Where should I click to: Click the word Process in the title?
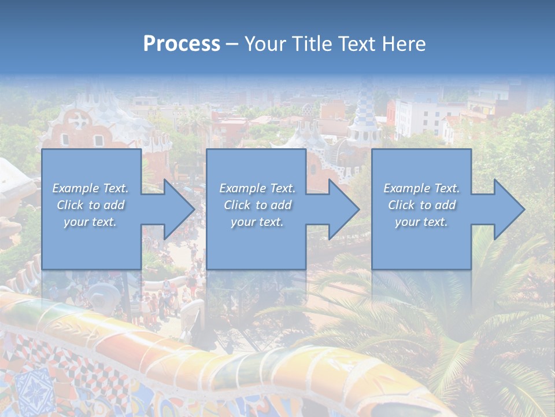[182, 44]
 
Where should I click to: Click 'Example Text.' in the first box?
[91, 188]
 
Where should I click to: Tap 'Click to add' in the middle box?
[257, 205]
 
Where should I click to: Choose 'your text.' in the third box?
[421, 222]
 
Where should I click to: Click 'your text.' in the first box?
[91, 222]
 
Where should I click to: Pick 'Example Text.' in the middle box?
[257, 188]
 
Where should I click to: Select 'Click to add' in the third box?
[421, 205]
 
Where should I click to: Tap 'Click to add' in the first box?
[91, 205]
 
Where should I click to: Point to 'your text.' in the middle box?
[257, 222]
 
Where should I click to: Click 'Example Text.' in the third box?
[421, 188]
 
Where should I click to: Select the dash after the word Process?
[232, 44]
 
